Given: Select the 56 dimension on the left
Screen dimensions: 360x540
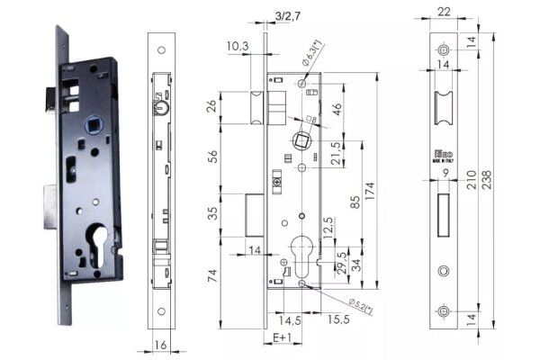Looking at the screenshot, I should [211, 155].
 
